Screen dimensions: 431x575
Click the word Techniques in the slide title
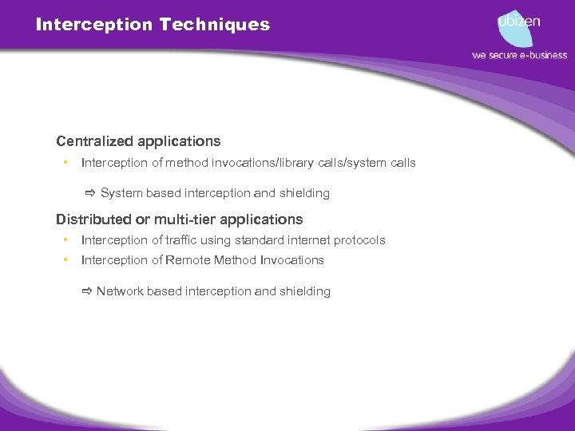pyautogui.click(x=215, y=25)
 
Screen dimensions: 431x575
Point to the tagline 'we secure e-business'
pyautogui.click(x=519, y=55)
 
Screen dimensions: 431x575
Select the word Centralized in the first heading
pyautogui.click(x=94, y=141)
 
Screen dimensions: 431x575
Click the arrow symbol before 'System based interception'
pyautogui.click(x=90, y=193)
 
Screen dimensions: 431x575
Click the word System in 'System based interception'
pyautogui.click(x=121, y=193)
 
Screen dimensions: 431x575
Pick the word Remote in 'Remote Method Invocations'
pyautogui.click(x=191, y=260)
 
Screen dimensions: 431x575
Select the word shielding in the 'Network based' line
pyautogui.click(x=305, y=291)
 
